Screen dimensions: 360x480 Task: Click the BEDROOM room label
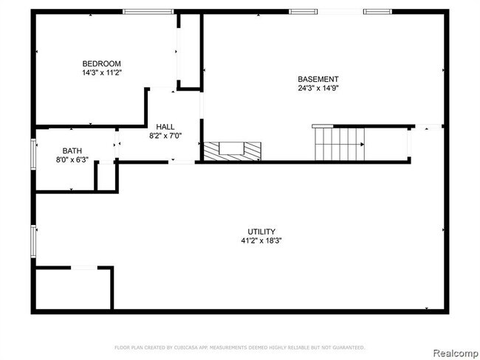pos(102,63)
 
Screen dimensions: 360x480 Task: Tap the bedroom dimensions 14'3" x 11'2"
pos(102,73)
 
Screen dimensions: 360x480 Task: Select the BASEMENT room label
pos(318,80)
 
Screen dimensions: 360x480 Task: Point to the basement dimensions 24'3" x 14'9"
pos(318,89)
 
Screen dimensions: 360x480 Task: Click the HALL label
pos(165,127)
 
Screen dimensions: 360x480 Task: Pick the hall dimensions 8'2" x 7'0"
pos(165,136)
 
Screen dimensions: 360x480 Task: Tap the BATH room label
pos(72,150)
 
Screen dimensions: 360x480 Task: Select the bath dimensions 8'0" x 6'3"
pos(72,159)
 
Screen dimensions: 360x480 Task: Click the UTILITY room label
pos(261,232)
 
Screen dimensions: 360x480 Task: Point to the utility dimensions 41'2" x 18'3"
pos(261,240)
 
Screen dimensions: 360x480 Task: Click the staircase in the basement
pos(340,142)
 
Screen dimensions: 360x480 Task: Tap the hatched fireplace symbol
pos(233,150)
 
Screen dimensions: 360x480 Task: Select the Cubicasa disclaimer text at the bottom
pos(239,347)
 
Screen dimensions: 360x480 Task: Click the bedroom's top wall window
pos(148,11)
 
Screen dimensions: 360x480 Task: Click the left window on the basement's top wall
pos(302,11)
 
